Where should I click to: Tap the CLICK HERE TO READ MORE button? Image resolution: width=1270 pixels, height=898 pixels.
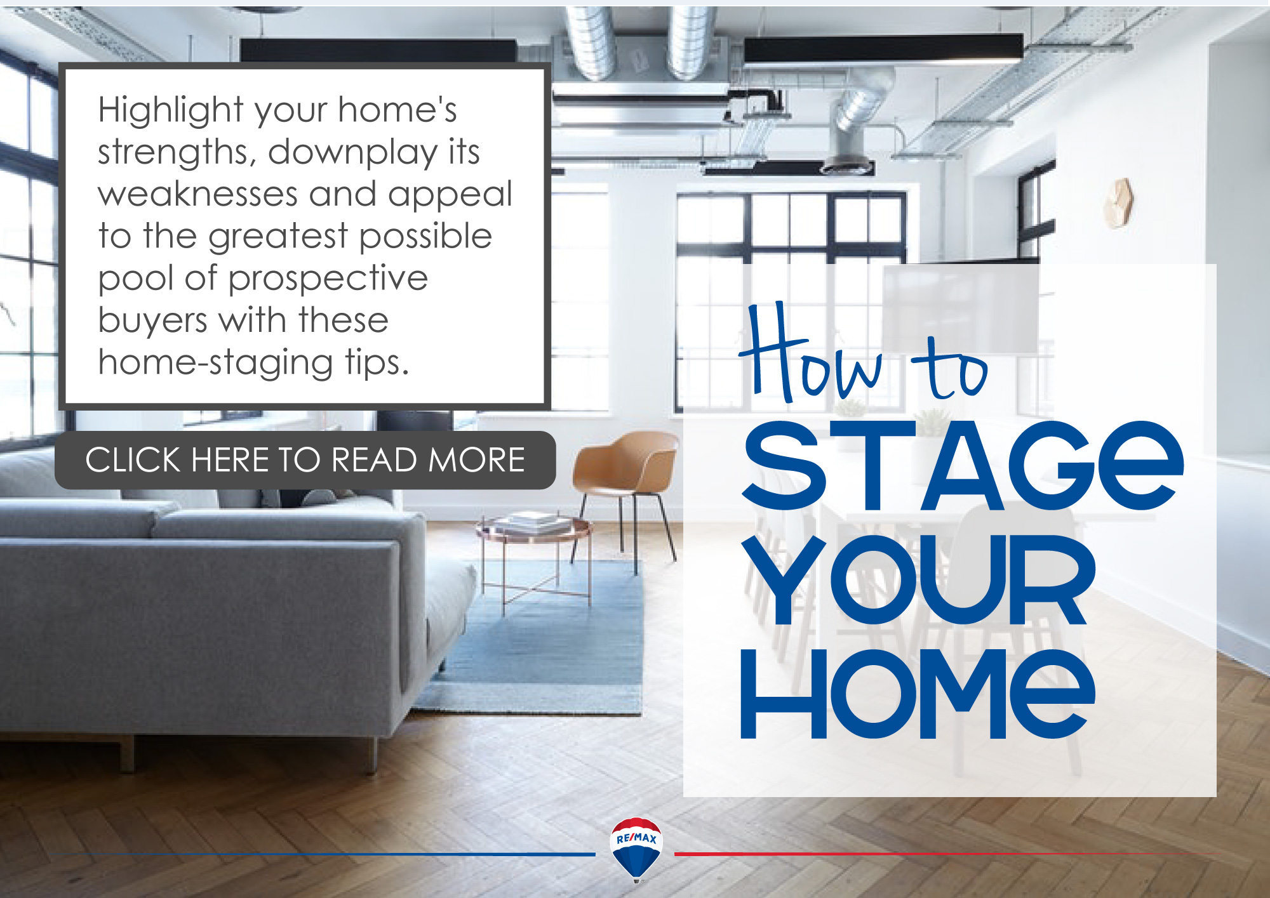tap(305, 460)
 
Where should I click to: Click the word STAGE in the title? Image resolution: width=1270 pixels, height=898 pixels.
tap(963, 466)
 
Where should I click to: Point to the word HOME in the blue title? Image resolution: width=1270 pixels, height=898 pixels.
tap(918, 694)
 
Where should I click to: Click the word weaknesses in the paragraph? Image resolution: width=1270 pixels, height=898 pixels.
tap(197, 194)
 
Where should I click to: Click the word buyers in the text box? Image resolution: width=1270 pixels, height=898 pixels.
tap(152, 321)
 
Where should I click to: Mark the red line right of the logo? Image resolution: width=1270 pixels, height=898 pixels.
tap(946, 854)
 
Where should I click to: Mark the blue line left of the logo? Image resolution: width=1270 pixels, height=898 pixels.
tap(356, 854)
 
